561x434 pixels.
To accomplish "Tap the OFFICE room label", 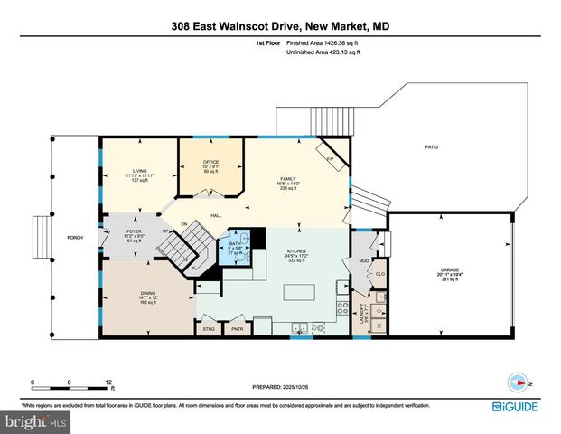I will pyautogui.click(x=211, y=163).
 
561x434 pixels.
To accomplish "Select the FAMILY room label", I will pyautogui.click(x=287, y=179).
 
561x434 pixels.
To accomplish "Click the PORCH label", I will pyautogui.click(x=75, y=240).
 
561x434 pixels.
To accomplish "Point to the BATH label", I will pyautogui.click(x=233, y=244).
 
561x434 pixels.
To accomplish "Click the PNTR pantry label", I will pyautogui.click(x=238, y=330).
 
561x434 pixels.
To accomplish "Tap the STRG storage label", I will pyautogui.click(x=209, y=330).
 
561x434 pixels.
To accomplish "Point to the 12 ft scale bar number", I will pyautogui.click(x=108, y=382).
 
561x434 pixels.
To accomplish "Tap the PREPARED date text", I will pyautogui.click(x=280, y=386).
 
